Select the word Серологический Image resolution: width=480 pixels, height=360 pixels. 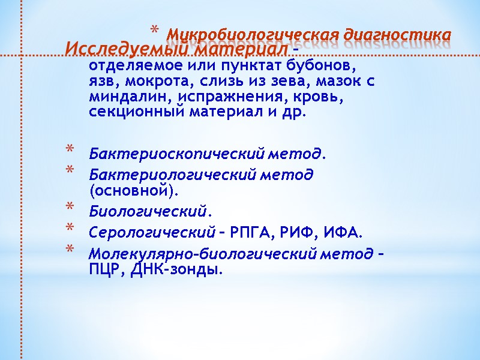tap(152, 232)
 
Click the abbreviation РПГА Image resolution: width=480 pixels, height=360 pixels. tap(253, 232)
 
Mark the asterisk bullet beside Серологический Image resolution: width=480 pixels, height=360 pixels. tap(70, 230)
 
